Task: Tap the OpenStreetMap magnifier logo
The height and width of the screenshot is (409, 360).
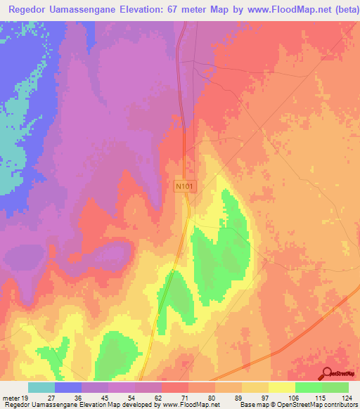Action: click(327, 373)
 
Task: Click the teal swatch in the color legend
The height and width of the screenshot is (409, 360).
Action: click(41, 387)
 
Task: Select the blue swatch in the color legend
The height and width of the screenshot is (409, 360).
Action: click(68, 387)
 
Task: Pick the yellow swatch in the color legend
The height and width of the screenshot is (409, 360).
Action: click(281, 387)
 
